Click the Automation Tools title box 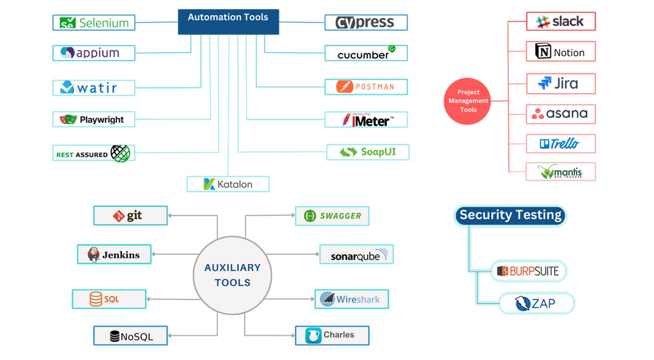coord(228,21)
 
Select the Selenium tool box coord(93,23)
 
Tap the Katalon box coord(228,184)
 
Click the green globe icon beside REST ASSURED coord(120,153)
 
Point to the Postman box coord(366,87)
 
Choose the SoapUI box coord(367,152)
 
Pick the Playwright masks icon coord(68,119)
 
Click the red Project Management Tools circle coord(467,101)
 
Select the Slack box coord(561,22)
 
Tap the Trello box coord(561,144)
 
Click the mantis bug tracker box coord(561,172)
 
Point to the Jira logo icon coord(545,83)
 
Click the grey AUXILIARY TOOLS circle coord(232,275)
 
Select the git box coord(130,216)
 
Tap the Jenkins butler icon coord(94,254)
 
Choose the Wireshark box coord(351,299)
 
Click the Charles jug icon coord(313,335)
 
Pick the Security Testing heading coord(510,215)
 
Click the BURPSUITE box coord(528,271)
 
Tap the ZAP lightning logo coord(523,304)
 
